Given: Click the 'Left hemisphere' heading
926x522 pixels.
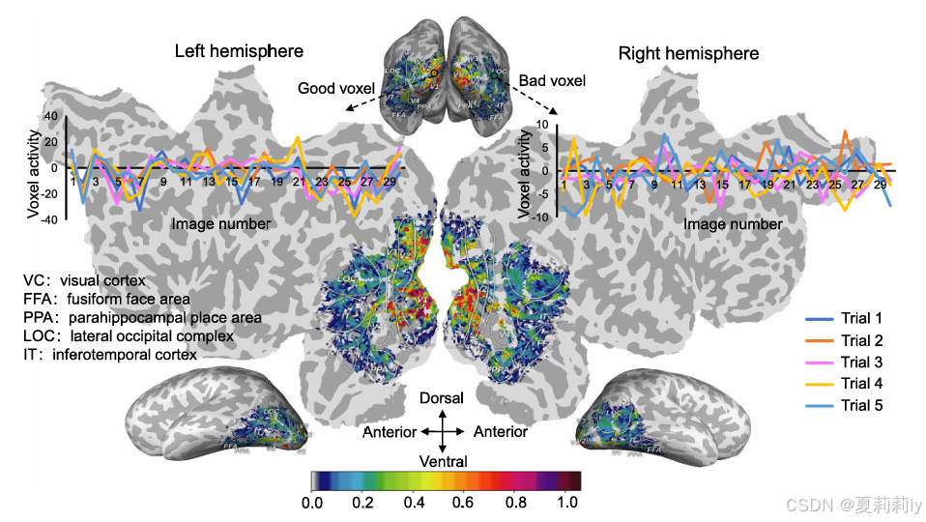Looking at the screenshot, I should click(239, 51).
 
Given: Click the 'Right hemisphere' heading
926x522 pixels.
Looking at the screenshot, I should click(688, 52).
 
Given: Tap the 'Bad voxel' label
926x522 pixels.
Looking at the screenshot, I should click(552, 80).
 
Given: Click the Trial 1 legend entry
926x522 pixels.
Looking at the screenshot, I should click(861, 318).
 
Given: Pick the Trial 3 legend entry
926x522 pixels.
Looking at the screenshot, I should click(861, 362).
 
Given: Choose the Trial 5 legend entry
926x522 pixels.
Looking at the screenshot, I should click(861, 405).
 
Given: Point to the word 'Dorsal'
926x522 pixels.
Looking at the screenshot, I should click(442, 398).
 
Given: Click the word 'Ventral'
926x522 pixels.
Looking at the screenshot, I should click(442, 461).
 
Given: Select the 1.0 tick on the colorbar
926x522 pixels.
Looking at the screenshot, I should click(568, 504).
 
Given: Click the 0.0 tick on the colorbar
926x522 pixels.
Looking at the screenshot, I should click(311, 504).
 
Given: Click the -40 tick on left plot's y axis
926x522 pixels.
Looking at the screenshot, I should click(47, 218).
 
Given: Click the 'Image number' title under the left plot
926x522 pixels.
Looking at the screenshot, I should click(221, 223).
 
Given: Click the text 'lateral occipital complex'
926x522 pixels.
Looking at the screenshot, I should click(152, 336).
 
